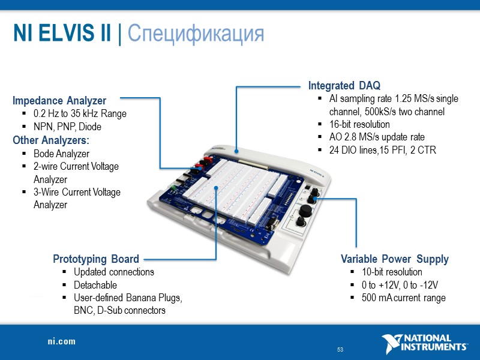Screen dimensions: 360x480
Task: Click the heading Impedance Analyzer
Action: coord(59,101)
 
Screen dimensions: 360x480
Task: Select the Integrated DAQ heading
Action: coord(344,85)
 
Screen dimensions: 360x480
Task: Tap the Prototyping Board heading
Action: coord(96,259)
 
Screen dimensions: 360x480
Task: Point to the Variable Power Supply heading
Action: coord(394,259)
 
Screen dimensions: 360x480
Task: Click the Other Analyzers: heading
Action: coord(51,140)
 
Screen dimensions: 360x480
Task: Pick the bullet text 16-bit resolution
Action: coord(359,124)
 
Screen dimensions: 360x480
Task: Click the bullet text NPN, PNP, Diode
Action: coord(67,127)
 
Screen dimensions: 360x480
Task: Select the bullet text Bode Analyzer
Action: coord(61,154)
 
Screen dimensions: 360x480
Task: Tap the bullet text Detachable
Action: coord(95,285)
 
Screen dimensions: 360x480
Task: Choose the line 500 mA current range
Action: coord(403,298)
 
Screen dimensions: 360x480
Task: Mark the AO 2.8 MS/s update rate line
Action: coord(377,137)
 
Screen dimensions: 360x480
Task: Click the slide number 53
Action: coord(340,350)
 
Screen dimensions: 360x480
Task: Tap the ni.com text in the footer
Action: coord(62,341)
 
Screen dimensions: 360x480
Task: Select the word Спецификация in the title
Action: coord(196,34)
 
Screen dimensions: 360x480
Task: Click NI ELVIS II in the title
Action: coord(62,34)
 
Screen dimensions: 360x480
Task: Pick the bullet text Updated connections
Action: coord(114,272)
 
